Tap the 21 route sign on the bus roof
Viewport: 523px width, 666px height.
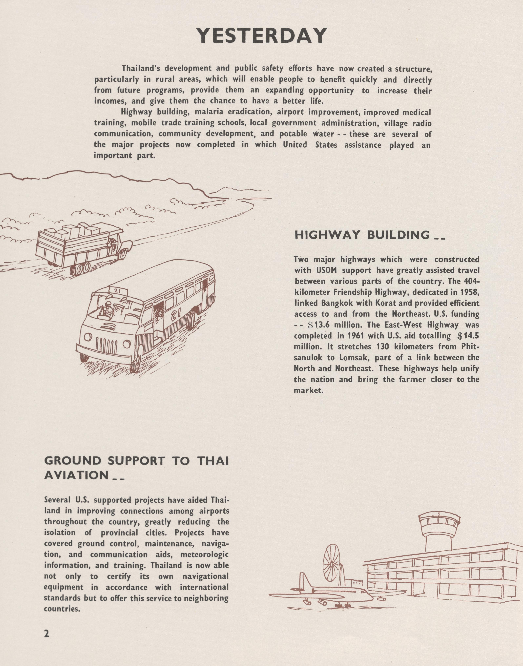(x=115, y=290)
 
